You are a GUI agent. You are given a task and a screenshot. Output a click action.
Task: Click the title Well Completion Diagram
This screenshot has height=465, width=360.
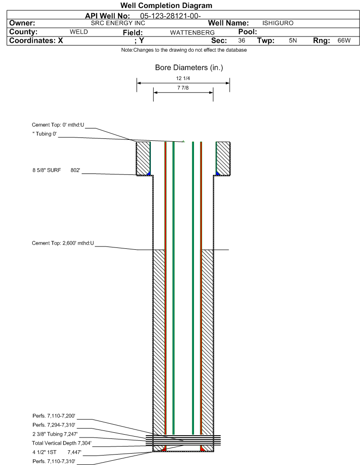click(166, 5)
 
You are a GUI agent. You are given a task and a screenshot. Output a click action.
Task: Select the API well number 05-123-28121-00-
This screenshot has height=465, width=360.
click(170, 16)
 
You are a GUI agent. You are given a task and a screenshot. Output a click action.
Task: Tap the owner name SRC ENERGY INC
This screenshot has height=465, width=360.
click(118, 23)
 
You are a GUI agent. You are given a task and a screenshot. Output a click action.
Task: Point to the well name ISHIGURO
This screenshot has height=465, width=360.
click(278, 23)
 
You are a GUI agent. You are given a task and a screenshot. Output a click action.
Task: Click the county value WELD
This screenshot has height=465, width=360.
click(79, 32)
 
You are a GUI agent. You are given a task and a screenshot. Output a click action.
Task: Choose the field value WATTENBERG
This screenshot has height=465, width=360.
click(192, 33)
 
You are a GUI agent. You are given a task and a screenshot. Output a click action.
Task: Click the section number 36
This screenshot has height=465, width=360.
click(241, 40)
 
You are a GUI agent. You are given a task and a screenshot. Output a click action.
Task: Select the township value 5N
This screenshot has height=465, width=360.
click(293, 40)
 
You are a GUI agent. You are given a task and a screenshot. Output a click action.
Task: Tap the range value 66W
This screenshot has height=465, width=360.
click(344, 40)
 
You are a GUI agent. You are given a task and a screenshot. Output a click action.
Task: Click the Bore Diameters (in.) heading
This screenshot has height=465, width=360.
click(189, 68)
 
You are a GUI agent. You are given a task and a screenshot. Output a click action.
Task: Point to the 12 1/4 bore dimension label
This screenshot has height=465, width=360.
click(183, 78)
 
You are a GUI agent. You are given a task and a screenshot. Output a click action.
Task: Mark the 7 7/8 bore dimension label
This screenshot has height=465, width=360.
click(183, 88)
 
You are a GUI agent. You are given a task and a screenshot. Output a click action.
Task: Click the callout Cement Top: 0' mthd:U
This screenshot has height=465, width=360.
click(58, 125)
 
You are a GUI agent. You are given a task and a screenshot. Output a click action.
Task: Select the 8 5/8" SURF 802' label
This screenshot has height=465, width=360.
click(56, 170)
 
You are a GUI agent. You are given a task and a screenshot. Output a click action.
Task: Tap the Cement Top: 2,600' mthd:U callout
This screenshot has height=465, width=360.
click(63, 243)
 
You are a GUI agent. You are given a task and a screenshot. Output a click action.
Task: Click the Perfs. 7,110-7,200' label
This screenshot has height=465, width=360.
click(54, 416)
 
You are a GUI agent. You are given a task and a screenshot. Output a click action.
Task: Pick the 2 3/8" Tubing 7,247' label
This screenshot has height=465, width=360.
click(55, 434)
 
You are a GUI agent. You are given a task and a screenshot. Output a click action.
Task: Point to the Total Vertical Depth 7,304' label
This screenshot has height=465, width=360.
click(62, 443)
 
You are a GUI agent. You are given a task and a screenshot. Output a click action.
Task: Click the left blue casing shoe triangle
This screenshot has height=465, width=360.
click(149, 173)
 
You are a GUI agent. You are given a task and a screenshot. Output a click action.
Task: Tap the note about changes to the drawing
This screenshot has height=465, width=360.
click(184, 50)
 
